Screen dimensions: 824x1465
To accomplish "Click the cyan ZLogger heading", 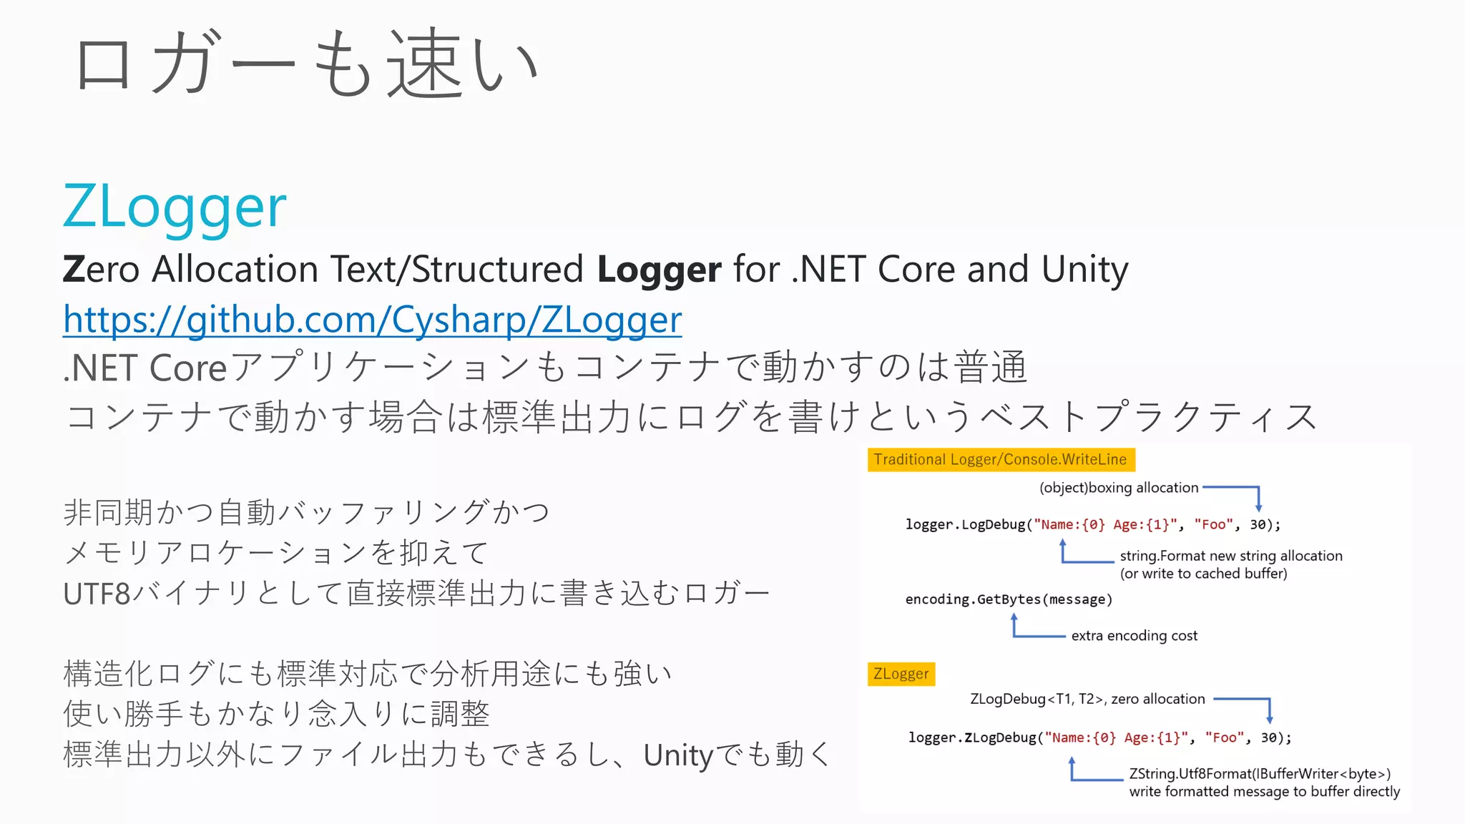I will [x=175, y=207].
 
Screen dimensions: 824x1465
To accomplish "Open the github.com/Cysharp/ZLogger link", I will [x=372, y=320].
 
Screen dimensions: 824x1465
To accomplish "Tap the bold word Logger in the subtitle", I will [x=659, y=270].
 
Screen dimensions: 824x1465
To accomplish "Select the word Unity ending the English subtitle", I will [x=1084, y=270].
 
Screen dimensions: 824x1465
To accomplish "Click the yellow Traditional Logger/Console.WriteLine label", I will [x=1000, y=459].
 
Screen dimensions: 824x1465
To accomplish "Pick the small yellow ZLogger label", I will [x=901, y=674].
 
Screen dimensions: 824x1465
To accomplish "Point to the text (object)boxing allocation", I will [x=1118, y=488].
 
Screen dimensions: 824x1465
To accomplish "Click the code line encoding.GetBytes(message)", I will [x=1009, y=599].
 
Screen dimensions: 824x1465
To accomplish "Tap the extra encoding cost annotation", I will [x=1134, y=636].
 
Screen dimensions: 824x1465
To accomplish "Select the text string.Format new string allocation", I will [x=1230, y=556].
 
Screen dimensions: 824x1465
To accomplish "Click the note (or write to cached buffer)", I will [x=1203, y=574].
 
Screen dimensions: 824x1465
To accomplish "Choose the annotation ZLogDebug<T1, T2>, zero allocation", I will [x=1087, y=699].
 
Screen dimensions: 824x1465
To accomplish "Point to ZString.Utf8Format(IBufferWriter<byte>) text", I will [x=1260, y=774].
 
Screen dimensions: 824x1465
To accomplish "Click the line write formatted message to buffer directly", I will [x=1264, y=792].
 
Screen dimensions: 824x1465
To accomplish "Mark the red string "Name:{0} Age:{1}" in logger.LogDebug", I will [x=1105, y=525].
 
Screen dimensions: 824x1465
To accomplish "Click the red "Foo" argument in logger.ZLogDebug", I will [x=1224, y=738].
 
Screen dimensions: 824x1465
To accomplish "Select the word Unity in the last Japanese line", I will [x=678, y=755].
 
